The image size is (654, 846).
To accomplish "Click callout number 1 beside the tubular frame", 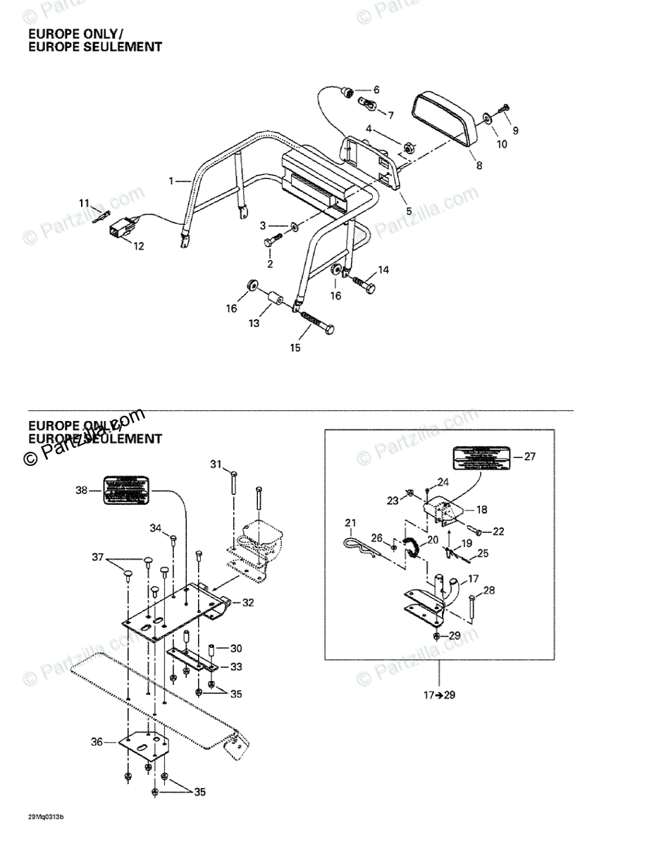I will click(x=171, y=181).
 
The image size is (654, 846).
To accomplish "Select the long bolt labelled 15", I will click(x=314, y=324).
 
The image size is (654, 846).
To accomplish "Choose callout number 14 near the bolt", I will click(x=383, y=270).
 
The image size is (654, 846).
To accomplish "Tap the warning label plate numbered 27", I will click(x=481, y=458).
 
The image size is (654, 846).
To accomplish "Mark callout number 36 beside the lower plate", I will click(x=97, y=742).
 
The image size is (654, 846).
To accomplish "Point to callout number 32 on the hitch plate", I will click(x=247, y=603).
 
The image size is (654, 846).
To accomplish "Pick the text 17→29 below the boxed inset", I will click(x=440, y=695).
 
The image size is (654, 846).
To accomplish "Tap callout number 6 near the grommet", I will click(x=376, y=90).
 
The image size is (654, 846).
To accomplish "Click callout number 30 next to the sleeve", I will click(x=236, y=648).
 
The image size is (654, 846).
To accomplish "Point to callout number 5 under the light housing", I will click(x=409, y=211).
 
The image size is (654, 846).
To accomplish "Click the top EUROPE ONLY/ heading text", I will click(x=75, y=34).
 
